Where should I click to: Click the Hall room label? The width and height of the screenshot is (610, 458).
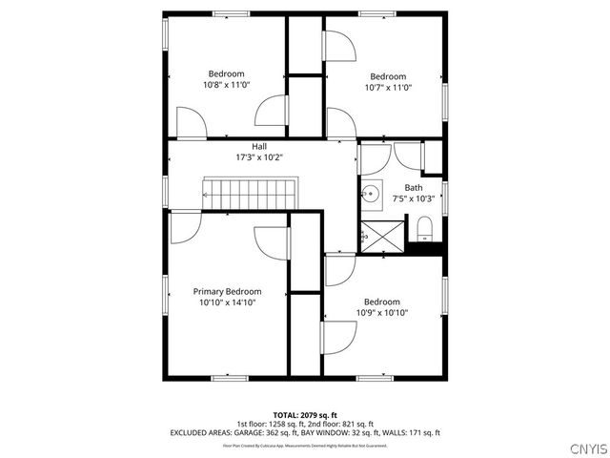259,146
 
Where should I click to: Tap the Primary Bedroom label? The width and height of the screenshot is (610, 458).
227,291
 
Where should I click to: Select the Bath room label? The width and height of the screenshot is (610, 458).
413,188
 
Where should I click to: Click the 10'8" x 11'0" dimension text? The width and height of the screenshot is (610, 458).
227,85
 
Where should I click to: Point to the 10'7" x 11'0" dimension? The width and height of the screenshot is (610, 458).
388,88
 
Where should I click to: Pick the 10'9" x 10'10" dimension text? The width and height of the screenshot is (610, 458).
381,312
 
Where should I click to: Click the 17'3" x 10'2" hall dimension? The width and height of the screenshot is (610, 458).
259,156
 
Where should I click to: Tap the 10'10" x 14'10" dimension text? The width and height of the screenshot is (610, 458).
227,302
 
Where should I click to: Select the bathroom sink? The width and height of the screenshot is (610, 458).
371,194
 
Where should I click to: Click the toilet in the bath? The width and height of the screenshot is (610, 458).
425,229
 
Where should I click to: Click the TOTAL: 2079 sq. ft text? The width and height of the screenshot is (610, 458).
305,415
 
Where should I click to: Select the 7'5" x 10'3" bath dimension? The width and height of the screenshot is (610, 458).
413,198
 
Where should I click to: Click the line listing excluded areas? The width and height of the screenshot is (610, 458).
305,432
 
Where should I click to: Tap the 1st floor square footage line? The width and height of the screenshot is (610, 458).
305,424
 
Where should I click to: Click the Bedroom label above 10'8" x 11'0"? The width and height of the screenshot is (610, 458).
227,73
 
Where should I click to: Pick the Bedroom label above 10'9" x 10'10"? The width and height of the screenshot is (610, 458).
381,302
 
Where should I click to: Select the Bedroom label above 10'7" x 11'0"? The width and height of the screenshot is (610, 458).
388,76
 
